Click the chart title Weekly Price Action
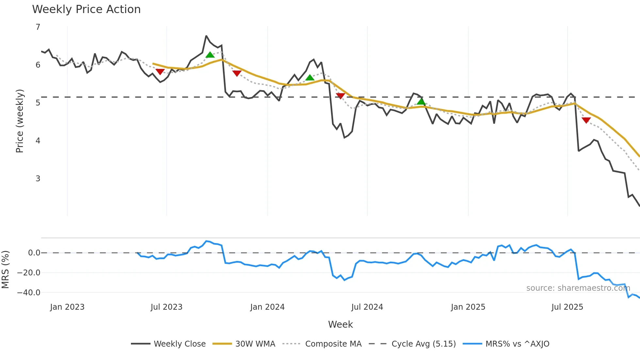86,9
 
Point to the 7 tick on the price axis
38,27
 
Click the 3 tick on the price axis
38,179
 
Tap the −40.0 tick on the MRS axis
29,293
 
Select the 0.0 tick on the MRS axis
34,253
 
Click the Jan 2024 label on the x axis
267,307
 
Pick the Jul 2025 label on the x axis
567,307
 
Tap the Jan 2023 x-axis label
67,307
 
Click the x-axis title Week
340,324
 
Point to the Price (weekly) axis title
20,121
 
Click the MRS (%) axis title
5,270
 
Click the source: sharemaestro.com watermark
578,288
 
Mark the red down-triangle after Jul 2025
586,120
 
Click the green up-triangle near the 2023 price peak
210,55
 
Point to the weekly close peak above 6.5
206,36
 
